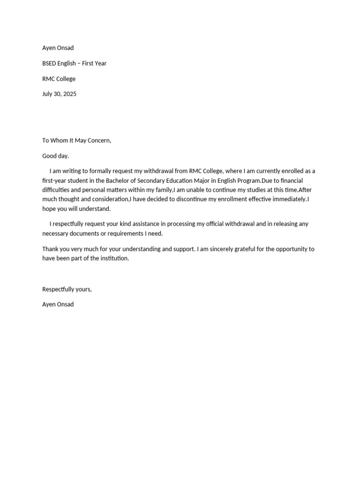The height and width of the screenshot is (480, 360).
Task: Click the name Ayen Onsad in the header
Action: click(x=58, y=48)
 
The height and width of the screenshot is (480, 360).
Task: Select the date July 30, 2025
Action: click(x=59, y=94)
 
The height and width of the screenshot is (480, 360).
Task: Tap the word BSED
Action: click(x=49, y=63)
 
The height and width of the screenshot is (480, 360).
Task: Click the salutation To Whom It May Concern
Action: click(x=76, y=141)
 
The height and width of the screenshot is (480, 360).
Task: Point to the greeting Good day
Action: click(x=55, y=156)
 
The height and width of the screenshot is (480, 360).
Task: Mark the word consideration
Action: click(x=109, y=199)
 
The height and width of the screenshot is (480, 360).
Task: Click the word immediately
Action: click(x=287, y=199)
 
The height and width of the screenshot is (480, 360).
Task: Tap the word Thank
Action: click(x=50, y=249)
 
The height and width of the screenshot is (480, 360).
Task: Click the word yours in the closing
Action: click(x=82, y=289)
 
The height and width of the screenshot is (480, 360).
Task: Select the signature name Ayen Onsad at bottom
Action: click(x=58, y=304)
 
